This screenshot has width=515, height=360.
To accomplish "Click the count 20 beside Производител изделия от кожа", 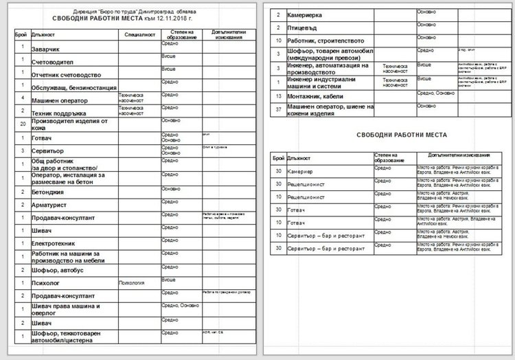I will [x=23, y=124].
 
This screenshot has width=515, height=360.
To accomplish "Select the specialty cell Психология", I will [x=132, y=281].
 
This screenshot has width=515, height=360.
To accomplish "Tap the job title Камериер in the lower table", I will [x=303, y=171].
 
